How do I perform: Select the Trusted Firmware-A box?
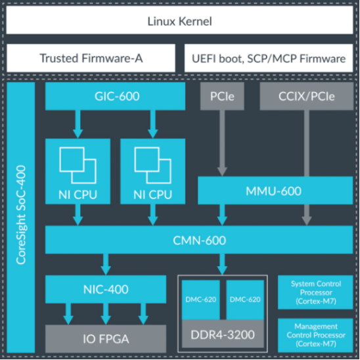tap(91, 58)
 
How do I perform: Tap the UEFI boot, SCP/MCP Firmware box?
tap(269, 58)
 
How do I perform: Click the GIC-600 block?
tap(115, 96)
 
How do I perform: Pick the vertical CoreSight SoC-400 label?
tap(21, 215)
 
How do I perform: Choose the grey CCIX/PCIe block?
tap(307, 96)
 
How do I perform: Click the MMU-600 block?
tap(275, 191)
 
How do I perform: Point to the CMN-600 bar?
tap(199, 240)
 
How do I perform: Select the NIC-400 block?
tap(106, 289)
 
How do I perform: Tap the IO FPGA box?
tap(106, 338)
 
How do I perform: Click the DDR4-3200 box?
tap(223, 334)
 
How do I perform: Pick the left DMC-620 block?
tap(200, 300)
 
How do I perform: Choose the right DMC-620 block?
tap(245, 300)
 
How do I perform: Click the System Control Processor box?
tap(315, 292)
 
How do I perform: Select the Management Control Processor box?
tap(315, 335)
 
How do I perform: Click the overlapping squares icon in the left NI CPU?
tap(78, 166)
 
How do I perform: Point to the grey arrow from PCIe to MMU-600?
tap(222, 143)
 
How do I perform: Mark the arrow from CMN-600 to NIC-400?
tap(106, 265)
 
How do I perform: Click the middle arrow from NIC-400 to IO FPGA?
tap(106, 314)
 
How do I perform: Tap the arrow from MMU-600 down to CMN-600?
tap(222, 215)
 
